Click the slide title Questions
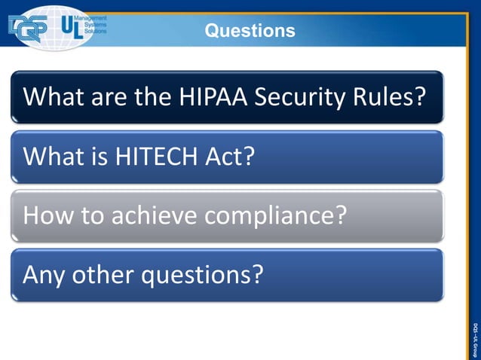tap(250, 31)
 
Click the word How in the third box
tap(45, 216)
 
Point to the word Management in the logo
tap(91, 17)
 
